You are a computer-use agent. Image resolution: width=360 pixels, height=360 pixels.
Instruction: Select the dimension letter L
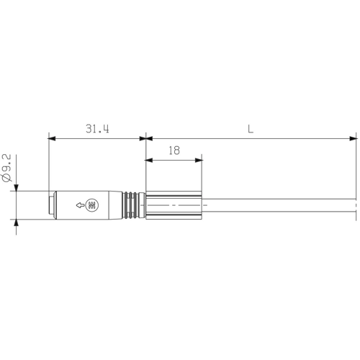pos(250,129)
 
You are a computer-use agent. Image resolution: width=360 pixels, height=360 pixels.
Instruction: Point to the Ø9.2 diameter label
pos(7,166)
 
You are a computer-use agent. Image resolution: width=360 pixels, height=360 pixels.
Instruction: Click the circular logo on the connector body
pos(92,206)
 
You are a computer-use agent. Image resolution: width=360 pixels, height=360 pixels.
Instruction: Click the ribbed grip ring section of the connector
pos(132,205)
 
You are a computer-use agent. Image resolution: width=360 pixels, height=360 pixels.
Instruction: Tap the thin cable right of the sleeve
pos(281,205)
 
